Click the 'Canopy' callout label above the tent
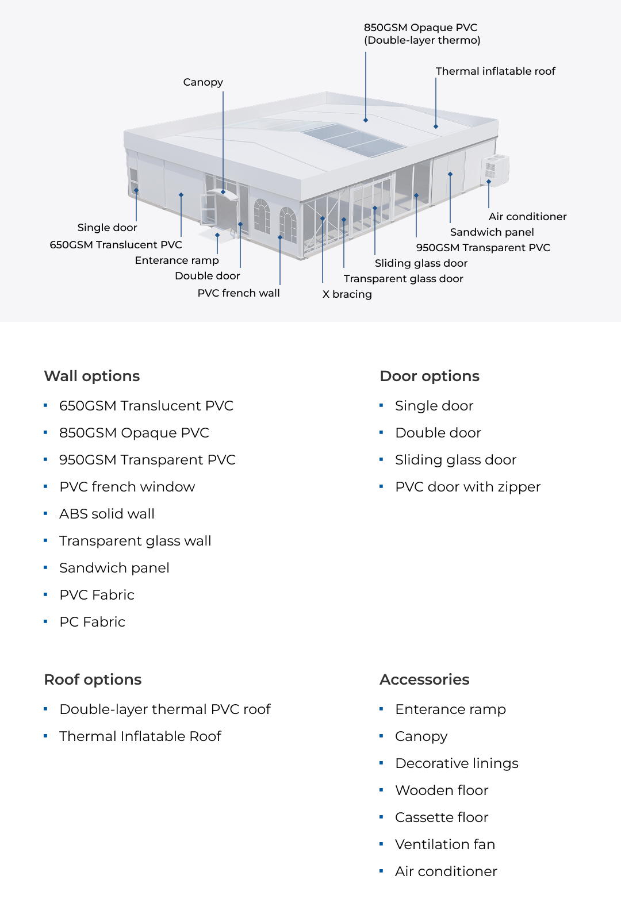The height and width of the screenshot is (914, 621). click(x=203, y=82)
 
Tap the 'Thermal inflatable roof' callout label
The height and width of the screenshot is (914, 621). click(x=495, y=71)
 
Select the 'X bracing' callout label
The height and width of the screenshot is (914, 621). click(x=347, y=294)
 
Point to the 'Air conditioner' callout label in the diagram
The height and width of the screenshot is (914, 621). click(x=527, y=217)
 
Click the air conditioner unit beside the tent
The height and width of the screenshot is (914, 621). click(x=494, y=170)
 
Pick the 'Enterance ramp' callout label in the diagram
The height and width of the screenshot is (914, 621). click(x=177, y=260)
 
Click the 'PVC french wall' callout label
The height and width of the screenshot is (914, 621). click(x=239, y=293)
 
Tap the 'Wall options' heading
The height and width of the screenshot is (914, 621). click(x=92, y=376)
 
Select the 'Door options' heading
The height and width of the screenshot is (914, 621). click(x=430, y=376)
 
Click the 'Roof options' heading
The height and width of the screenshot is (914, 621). click(x=93, y=679)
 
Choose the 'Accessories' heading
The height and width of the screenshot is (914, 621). click(x=424, y=679)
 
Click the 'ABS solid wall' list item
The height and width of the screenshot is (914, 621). click(x=107, y=514)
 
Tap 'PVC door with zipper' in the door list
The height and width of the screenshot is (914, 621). click(x=467, y=487)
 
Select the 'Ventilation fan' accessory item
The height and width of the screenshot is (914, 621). click(x=445, y=844)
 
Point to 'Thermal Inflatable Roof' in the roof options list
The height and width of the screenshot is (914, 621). click(x=140, y=736)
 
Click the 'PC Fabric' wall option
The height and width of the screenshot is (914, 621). click(x=92, y=622)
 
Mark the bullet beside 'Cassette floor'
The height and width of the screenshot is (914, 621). click(x=381, y=817)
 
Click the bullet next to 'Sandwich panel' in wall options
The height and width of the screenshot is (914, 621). click(x=45, y=567)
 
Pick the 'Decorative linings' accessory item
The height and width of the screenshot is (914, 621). click(x=457, y=763)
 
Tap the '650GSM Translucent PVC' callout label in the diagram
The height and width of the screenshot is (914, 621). click(x=116, y=245)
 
